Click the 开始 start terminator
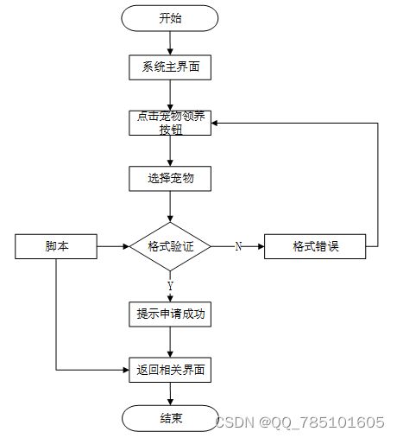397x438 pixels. pyautogui.click(x=170, y=18)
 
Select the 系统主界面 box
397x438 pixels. pyautogui.click(x=170, y=67)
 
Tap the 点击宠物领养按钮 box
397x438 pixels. pyautogui.click(x=170, y=123)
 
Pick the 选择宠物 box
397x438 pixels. pyautogui.click(x=170, y=179)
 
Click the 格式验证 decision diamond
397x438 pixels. pyautogui.click(x=170, y=246)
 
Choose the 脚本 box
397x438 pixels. pyautogui.click(x=56, y=246)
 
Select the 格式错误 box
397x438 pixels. pyautogui.click(x=315, y=246)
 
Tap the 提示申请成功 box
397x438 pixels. pyautogui.click(x=170, y=314)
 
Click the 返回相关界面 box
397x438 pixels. pyautogui.click(x=170, y=370)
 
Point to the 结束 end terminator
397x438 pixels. pyautogui.click(x=170, y=418)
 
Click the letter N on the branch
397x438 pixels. pyautogui.click(x=238, y=246)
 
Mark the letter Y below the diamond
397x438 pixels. pyautogui.click(x=170, y=286)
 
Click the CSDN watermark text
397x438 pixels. pyautogui.click(x=299, y=422)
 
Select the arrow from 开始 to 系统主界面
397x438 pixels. pyautogui.click(x=170, y=43)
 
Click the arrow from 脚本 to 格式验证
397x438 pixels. pyautogui.click(x=113, y=246)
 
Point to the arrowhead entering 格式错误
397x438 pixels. pyautogui.click(x=261, y=246)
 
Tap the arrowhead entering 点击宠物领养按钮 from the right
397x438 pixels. pyautogui.click(x=215, y=124)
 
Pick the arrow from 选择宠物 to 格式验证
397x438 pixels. pyautogui.click(x=170, y=206)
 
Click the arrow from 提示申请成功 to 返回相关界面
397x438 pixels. pyautogui.click(x=170, y=342)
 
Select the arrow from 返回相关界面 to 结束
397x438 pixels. pyautogui.click(x=170, y=394)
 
